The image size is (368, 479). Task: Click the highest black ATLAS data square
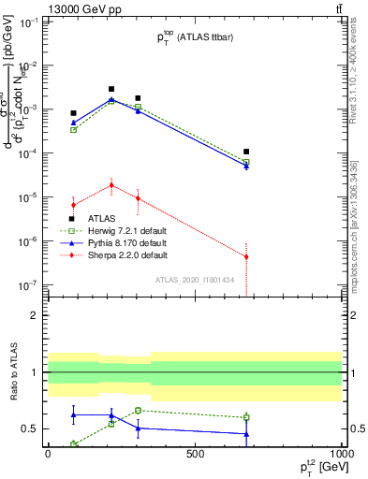pyautogui.click(x=111, y=89)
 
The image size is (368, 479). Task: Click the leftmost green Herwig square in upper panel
pyautogui.click(x=74, y=129)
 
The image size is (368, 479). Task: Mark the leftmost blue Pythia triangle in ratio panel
pyautogui.click(x=74, y=414)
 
